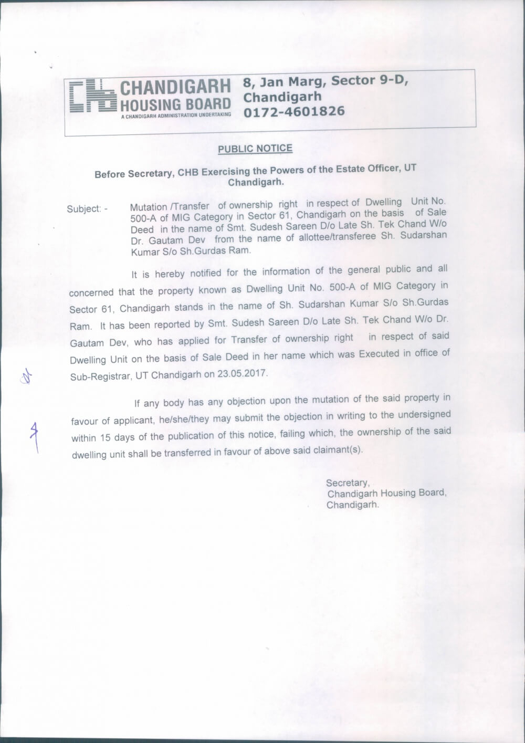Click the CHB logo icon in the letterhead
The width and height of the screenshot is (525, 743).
tap(92, 96)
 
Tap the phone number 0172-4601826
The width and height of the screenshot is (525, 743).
tap(294, 111)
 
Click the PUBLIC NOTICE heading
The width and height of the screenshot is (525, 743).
tap(255, 149)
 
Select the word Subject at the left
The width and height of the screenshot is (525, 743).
tap(83, 209)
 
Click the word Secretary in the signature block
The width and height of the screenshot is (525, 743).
tap(348, 483)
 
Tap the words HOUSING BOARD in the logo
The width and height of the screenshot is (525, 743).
tap(176, 104)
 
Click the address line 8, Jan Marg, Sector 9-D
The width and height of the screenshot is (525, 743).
tap(325, 81)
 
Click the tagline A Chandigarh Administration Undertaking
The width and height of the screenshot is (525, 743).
tap(176, 114)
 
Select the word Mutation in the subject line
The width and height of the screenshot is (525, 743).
tap(149, 207)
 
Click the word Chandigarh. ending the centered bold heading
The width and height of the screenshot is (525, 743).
tap(256, 182)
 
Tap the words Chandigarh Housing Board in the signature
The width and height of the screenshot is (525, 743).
tap(386, 494)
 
